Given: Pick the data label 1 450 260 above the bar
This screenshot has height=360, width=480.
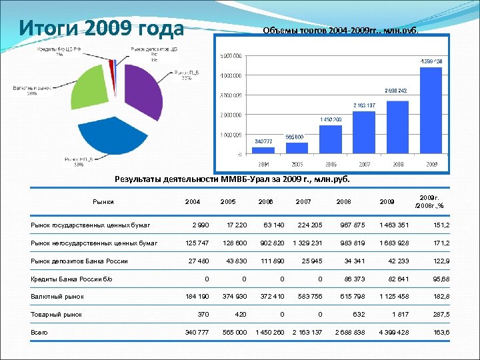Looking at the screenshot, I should click(331, 119).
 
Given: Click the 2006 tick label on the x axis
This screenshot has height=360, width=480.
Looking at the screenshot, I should click(331, 163).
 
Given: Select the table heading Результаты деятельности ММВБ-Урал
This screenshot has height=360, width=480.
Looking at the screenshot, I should click(232, 179).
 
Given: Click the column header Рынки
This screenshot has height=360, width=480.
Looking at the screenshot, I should click(103, 201).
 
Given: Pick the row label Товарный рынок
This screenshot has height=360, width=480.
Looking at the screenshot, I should click(57, 314).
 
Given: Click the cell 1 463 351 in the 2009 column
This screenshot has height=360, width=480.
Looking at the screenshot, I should click(393, 225).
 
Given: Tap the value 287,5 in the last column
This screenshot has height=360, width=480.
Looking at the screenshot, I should click(439, 314).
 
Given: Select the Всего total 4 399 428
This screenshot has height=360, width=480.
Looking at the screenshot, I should click(393, 332).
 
